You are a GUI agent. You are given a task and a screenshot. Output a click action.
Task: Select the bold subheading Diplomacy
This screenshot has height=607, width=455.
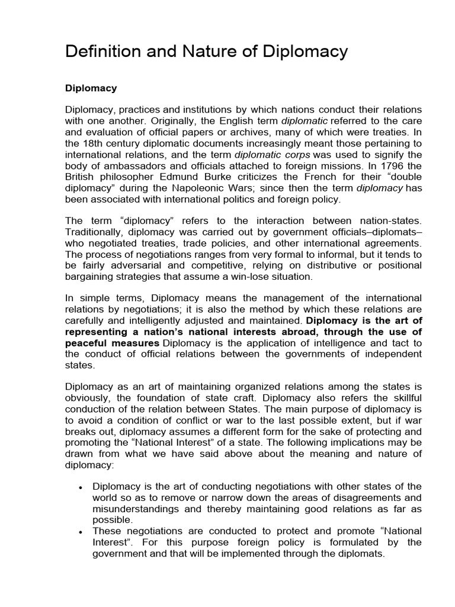pos(91,88)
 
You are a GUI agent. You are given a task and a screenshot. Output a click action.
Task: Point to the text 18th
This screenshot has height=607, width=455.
pos(93,144)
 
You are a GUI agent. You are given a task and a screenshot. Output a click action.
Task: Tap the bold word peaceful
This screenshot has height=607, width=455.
pos(83,344)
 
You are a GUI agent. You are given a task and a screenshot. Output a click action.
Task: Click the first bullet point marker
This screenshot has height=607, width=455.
pos(80,487)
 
